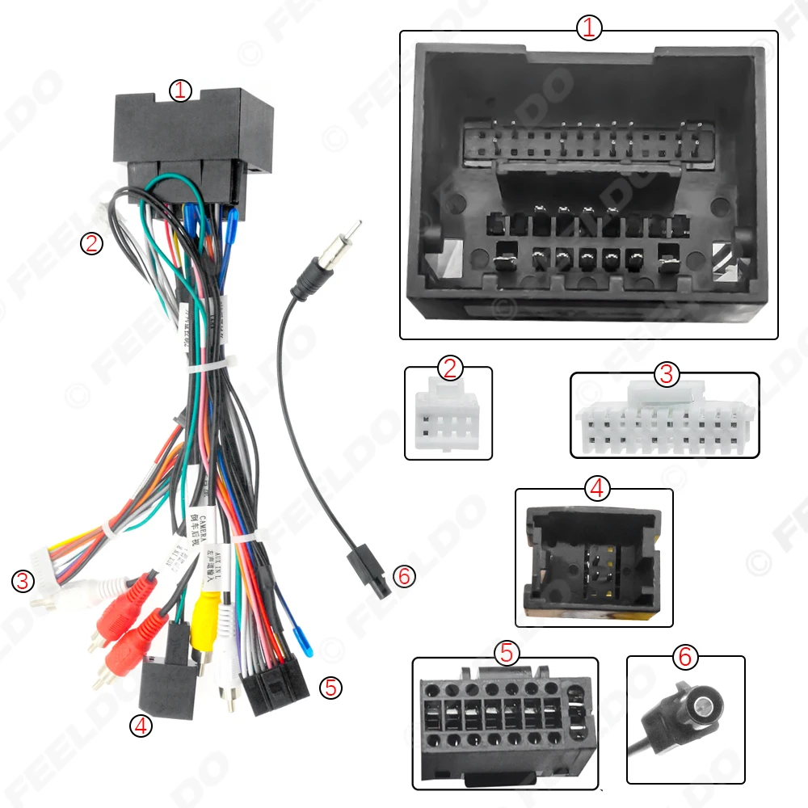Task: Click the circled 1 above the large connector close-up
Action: click(x=589, y=28)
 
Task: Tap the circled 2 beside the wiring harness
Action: click(x=92, y=243)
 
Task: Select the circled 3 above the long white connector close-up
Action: click(x=666, y=374)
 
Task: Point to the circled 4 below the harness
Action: click(x=141, y=726)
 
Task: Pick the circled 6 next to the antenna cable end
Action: click(x=402, y=576)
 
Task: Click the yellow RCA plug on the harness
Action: click(x=206, y=609)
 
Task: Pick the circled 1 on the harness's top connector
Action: click(x=180, y=90)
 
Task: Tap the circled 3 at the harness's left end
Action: click(x=22, y=580)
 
